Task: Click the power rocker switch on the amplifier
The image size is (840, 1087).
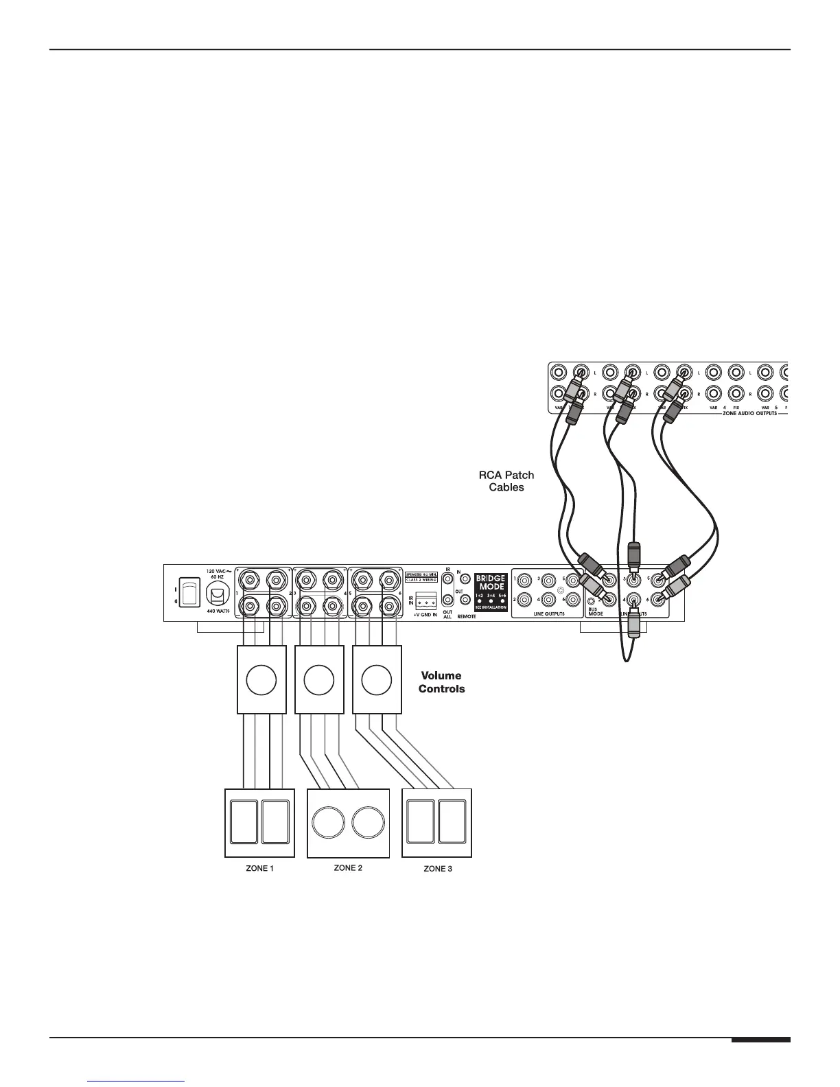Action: coord(189,592)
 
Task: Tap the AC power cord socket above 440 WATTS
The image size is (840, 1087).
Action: coord(217,589)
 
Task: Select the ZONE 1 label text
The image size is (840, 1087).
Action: coord(260,868)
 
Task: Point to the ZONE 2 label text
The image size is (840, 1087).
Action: coord(348,867)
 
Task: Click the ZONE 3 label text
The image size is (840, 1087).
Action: coord(438,869)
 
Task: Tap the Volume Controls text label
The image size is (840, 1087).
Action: coord(441,682)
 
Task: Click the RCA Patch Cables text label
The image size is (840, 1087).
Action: coord(506,481)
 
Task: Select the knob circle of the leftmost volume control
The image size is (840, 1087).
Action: coord(261,680)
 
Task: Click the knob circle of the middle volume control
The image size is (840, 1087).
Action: coord(318,680)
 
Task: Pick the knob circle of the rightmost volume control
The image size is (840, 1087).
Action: coord(375,680)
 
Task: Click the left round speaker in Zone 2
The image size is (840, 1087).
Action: coord(328,822)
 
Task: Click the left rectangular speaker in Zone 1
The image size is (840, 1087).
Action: coord(244,822)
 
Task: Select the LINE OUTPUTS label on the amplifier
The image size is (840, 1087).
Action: coord(548,614)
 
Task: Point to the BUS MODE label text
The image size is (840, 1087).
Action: coord(595,611)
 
